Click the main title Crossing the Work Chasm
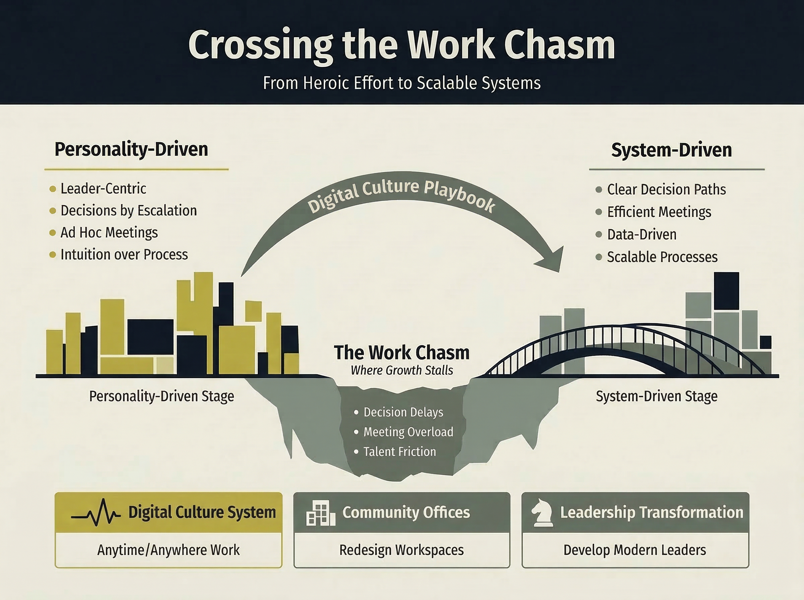point(401,46)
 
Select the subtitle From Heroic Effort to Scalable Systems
point(401,83)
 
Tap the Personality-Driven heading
point(131,150)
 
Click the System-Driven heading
point(671,150)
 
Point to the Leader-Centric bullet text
point(103,189)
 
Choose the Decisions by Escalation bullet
point(129,211)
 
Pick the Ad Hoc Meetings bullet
point(109,233)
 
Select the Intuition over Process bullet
point(124,254)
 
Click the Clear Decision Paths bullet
point(666,190)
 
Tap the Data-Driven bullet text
point(642,235)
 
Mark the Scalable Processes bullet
point(662,257)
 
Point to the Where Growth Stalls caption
point(401,370)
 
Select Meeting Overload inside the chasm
point(408,432)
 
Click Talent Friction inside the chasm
point(399,452)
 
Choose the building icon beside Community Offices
point(321,513)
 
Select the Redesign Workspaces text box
point(401,550)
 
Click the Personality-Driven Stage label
point(162,396)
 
